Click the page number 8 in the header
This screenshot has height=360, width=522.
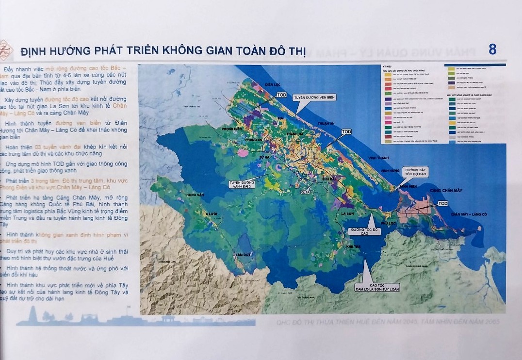click(x=492, y=49)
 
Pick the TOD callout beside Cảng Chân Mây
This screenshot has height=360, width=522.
click(x=442, y=204)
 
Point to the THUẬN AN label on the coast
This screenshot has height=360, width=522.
click(x=326, y=124)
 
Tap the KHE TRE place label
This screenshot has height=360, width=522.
click(x=352, y=247)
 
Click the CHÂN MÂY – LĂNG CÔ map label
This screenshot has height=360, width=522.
click(x=468, y=214)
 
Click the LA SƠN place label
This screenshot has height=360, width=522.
click(x=348, y=213)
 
